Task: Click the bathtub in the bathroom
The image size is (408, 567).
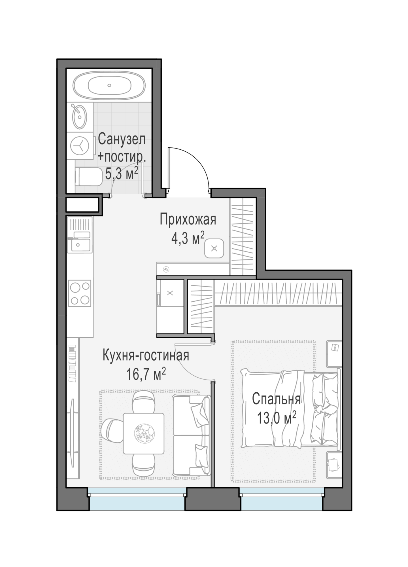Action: click(109, 85)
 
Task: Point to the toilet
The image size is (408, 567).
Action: click(88, 177)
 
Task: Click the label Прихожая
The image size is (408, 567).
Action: click(188, 220)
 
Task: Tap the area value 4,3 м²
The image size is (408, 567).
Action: click(188, 238)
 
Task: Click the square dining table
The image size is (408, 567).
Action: click(144, 433)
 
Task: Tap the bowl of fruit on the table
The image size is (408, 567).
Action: click(144, 434)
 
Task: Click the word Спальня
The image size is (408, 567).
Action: click(276, 399)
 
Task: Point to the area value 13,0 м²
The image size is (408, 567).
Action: click(277, 418)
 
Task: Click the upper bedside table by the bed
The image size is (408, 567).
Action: click(334, 354)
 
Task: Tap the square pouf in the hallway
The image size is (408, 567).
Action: click(214, 249)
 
